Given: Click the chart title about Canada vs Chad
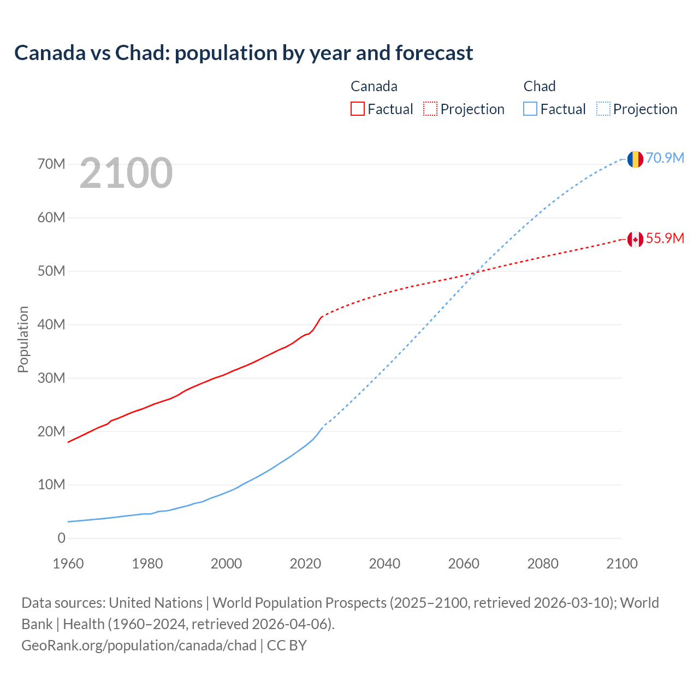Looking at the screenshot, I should coord(244,53).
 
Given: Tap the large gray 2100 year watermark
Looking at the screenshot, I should coord(126,173).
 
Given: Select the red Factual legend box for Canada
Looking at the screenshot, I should coord(357,109).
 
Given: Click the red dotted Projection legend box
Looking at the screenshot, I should coord(430,109).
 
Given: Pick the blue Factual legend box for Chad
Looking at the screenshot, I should coord(530,109).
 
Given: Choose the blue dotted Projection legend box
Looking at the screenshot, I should coord(603,109).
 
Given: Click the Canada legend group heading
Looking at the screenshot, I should coord(374,86).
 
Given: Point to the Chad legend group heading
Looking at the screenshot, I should coord(540,86).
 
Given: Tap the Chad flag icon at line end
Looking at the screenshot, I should coord(635,159).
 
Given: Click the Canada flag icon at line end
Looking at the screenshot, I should coord(635,239).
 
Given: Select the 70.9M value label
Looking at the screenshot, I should coord(665,158).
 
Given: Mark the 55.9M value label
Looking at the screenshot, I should coord(665,238).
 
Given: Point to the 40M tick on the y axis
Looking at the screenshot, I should coord(51,324).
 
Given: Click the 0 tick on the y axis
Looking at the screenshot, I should coord(61,538).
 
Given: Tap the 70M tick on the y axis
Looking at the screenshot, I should coord(51,164).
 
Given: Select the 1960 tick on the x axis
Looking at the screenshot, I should coord(68,564).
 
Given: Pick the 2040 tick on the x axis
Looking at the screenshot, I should coord(384,564).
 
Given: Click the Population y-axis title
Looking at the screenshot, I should coord(23,339).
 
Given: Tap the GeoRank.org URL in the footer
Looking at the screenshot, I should coord(139,645).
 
